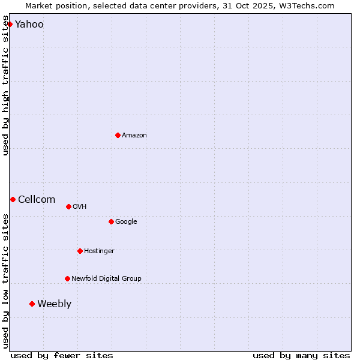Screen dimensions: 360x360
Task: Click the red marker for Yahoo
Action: pyautogui.click(x=10, y=24)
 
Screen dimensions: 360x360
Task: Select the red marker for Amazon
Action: pyautogui.click(x=118, y=135)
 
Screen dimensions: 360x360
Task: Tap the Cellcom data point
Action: pyautogui.click(x=13, y=199)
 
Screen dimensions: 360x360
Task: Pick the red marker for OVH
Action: pyautogui.click(x=68, y=206)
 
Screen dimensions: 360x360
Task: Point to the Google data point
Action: pyautogui.click(x=111, y=221)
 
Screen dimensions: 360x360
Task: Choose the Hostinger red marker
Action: pyautogui.click(x=80, y=251)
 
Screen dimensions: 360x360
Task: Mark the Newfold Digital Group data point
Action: pyautogui.click(x=67, y=278)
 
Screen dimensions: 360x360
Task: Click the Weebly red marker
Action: pyautogui.click(x=32, y=304)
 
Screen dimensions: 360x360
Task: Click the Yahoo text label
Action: pyautogui.click(x=29, y=25)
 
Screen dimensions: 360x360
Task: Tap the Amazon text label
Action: pyautogui.click(x=134, y=136)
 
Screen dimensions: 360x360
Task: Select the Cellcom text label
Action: pyautogui.click(x=37, y=200)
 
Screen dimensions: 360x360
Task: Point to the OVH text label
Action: pyautogui.click(x=80, y=207)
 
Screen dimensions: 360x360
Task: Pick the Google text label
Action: pyautogui.click(x=126, y=222)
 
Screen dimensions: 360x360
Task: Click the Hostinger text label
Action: pyautogui.click(x=99, y=251)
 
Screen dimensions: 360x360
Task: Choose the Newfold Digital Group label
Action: pyautogui.click(x=106, y=279)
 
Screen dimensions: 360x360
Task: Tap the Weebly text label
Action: pyautogui.click(x=54, y=304)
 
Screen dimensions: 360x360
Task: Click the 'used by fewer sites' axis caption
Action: pyautogui.click(x=62, y=355)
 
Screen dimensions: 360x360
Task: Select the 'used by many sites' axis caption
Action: pyautogui.click(x=301, y=355)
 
